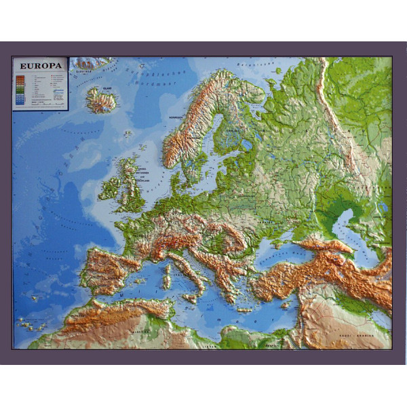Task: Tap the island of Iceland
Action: point(101,101)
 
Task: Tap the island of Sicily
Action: point(192,297)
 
